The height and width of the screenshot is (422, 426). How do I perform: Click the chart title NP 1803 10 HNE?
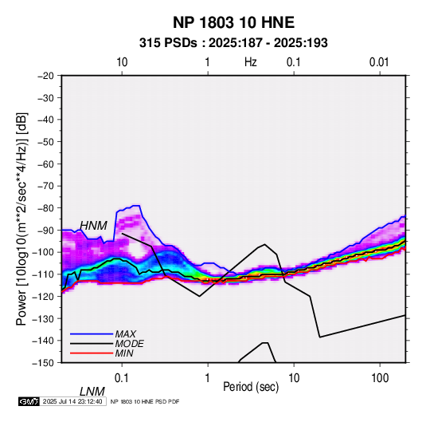(x=233, y=22)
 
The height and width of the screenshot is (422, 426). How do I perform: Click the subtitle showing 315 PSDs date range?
(x=233, y=43)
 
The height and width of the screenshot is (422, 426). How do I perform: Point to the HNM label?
(x=93, y=226)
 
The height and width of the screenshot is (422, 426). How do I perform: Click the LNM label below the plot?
(x=92, y=392)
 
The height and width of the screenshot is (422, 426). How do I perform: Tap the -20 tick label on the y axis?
(x=46, y=76)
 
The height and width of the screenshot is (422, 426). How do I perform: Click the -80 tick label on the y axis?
(x=46, y=208)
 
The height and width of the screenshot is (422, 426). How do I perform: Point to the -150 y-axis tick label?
(x=44, y=363)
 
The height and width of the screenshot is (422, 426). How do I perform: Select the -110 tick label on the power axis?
(x=44, y=274)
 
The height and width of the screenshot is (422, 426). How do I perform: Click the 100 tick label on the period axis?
(x=380, y=378)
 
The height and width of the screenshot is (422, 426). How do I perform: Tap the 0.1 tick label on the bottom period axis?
(x=122, y=378)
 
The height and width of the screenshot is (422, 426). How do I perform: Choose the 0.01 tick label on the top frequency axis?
(x=379, y=62)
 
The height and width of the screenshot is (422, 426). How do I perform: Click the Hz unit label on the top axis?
(x=251, y=62)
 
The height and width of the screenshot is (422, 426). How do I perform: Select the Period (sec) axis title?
(x=251, y=387)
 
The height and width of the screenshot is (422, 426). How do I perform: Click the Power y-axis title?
(x=21, y=219)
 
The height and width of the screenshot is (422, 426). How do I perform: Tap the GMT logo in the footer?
(x=29, y=401)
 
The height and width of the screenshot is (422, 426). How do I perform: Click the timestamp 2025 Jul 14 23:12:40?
(x=72, y=401)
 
